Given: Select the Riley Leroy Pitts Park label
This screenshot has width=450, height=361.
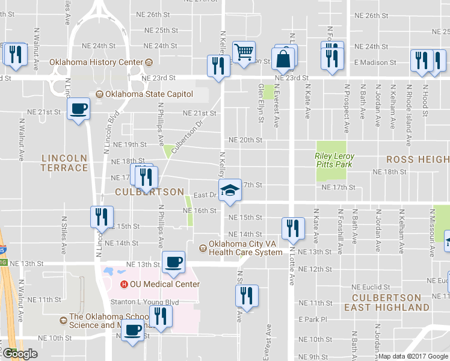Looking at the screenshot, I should tap(334, 160).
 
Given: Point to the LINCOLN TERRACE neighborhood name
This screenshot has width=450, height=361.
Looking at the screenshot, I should tap(64, 162).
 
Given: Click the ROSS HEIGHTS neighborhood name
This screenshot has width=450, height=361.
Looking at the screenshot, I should tap(417, 159).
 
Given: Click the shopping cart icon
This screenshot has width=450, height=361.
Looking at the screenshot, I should tap(244, 52).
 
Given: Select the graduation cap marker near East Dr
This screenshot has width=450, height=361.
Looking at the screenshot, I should tap(229, 191).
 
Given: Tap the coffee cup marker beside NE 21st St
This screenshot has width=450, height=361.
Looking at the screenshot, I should tap(78, 110).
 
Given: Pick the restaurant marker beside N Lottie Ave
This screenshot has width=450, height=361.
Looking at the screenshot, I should tap(291, 227).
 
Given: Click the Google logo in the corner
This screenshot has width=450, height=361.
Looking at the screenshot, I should tap(20, 354).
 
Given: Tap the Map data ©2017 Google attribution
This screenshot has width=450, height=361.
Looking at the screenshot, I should tap(413, 356).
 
